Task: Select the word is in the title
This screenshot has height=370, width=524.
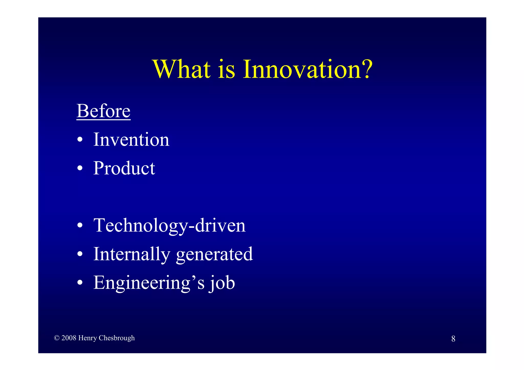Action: pyautogui.click(x=226, y=70)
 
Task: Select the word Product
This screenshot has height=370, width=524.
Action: pyautogui.click(x=124, y=168)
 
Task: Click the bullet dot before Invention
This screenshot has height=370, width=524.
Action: pyautogui.click(x=80, y=140)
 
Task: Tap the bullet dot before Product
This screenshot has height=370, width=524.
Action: pyautogui.click(x=80, y=169)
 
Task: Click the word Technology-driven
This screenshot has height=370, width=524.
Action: pyautogui.click(x=169, y=226)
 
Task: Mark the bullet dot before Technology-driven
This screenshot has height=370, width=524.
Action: pyautogui.click(x=80, y=226)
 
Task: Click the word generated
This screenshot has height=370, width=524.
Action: pyautogui.click(x=214, y=254)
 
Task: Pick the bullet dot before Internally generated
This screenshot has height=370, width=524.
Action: pyautogui.click(x=80, y=254)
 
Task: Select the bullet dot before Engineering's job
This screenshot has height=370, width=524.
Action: pyautogui.click(x=80, y=283)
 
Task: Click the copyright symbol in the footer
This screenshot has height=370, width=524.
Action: pyautogui.click(x=57, y=338)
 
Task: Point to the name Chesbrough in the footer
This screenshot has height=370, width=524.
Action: pyautogui.click(x=117, y=338)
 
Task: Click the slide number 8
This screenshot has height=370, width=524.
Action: pyautogui.click(x=453, y=339)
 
